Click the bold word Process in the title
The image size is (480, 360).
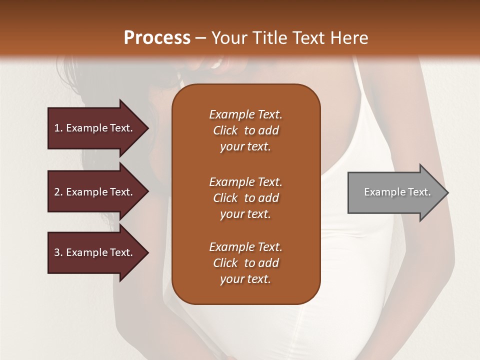(x=157, y=38)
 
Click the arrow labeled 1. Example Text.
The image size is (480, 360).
(x=95, y=128)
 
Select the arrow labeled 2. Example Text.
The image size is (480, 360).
(x=95, y=192)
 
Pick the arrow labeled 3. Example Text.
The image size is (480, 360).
(x=95, y=252)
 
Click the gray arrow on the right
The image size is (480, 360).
(x=395, y=192)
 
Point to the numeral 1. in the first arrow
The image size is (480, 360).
(x=58, y=128)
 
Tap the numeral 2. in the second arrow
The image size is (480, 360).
(x=58, y=192)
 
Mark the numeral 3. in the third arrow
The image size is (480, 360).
(x=58, y=252)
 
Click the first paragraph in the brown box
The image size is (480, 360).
(x=245, y=130)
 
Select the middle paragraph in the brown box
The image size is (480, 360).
(x=245, y=198)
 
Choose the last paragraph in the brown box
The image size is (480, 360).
(x=245, y=263)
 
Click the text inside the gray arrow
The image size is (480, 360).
(x=397, y=192)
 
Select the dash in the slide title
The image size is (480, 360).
(x=200, y=38)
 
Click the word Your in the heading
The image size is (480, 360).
(x=228, y=38)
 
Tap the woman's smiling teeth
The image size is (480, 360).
(x=217, y=63)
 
